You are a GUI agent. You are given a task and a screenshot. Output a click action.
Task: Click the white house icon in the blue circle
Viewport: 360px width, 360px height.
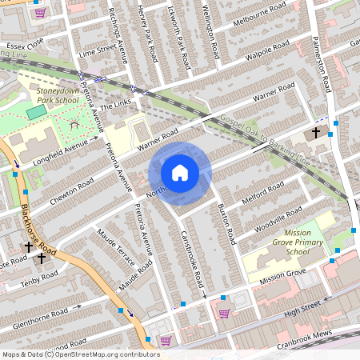180,172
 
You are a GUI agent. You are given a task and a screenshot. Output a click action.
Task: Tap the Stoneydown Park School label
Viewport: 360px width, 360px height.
58,96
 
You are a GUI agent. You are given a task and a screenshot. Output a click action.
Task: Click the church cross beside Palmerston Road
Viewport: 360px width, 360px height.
316,132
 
